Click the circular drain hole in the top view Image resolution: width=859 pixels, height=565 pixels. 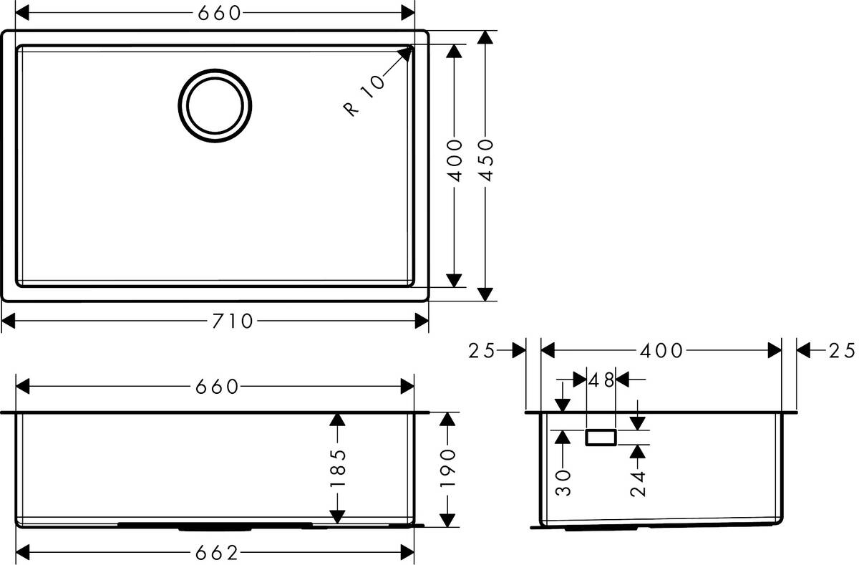click(x=215, y=105)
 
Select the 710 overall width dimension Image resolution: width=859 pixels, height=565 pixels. click(x=233, y=322)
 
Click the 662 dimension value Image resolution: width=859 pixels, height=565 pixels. click(x=217, y=553)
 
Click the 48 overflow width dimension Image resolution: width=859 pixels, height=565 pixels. click(x=601, y=380)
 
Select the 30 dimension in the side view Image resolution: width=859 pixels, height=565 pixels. click(x=563, y=483)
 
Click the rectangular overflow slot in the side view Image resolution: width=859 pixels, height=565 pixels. click(x=601, y=438)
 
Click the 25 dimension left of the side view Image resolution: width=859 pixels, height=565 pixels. click(x=482, y=350)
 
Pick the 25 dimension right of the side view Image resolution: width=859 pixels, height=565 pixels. click(x=841, y=350)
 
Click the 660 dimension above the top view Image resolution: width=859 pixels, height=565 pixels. click(x=217, y=13)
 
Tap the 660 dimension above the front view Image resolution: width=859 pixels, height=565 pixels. click(x=217, y=387)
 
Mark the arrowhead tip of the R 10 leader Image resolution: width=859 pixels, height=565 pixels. click(x=411, y=49)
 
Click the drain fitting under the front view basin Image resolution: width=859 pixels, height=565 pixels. click(x=215, y=526)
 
